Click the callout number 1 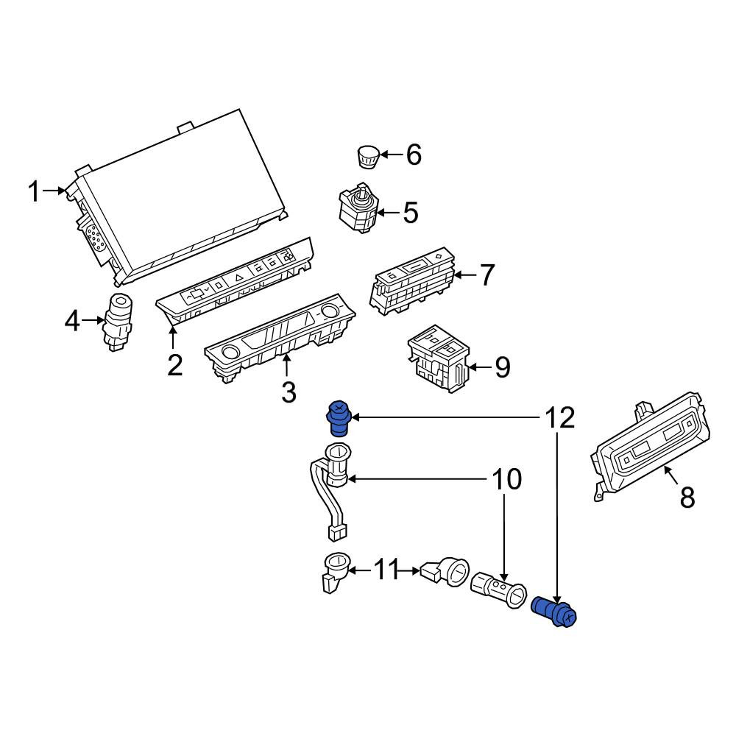point(34,191)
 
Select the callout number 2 point(174,365)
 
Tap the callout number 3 point(289,392)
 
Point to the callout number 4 point(72,322)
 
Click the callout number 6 point(414,155)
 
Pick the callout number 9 point(503,367)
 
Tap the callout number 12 point(559,417)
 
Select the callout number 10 point(506,479)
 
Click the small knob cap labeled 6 point(367,157)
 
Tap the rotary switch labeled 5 point(358,208)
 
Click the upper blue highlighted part point(339,418)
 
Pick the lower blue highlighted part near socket point(554,611)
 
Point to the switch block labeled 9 point(439,359)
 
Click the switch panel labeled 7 point(413,280)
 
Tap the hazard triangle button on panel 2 point(238,278)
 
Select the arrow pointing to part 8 point(671,475)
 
